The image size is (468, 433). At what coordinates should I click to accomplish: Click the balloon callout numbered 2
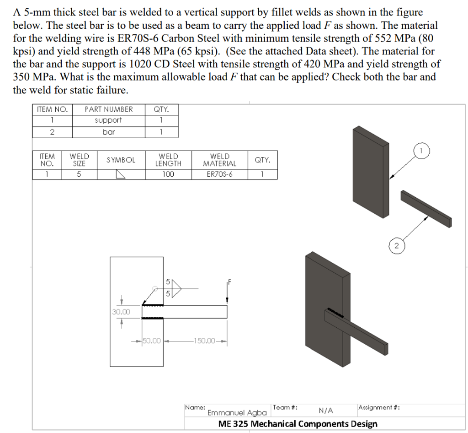[396, 246]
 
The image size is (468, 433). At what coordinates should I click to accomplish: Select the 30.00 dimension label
[121, 312]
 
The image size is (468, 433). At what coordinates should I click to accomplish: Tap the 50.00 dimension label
[152, 341]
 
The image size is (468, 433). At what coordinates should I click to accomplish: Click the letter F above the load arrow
[229, 282]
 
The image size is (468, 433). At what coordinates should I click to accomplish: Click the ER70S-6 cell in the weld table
[219, 174]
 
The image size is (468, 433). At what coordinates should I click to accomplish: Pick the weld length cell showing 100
[168, 174]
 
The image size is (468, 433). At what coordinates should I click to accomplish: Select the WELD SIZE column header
[79, 160]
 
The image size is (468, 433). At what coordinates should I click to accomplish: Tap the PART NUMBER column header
[108, 109]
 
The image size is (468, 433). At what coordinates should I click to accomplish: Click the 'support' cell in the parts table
[108, 120]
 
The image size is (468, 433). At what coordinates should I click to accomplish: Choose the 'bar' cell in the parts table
[108, 132]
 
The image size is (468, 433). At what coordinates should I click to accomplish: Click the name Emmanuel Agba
[237, 412]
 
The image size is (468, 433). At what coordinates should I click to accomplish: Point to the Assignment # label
[379, 407]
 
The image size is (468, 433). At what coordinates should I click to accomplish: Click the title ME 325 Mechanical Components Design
[298, 423]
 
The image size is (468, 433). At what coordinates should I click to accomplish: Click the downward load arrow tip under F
[227, 300]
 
